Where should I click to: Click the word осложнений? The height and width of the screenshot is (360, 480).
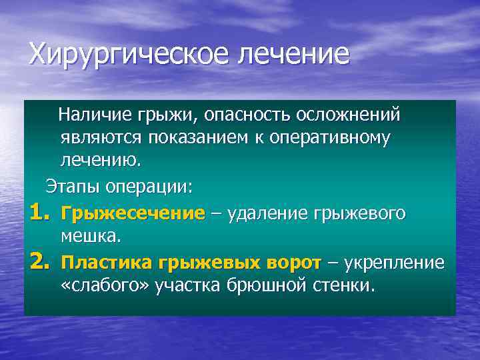347,115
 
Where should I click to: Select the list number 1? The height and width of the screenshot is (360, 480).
39,213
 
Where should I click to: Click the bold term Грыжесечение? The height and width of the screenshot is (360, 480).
133,213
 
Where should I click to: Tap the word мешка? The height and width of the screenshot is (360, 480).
89,237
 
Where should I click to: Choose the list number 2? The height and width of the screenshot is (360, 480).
39,263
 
